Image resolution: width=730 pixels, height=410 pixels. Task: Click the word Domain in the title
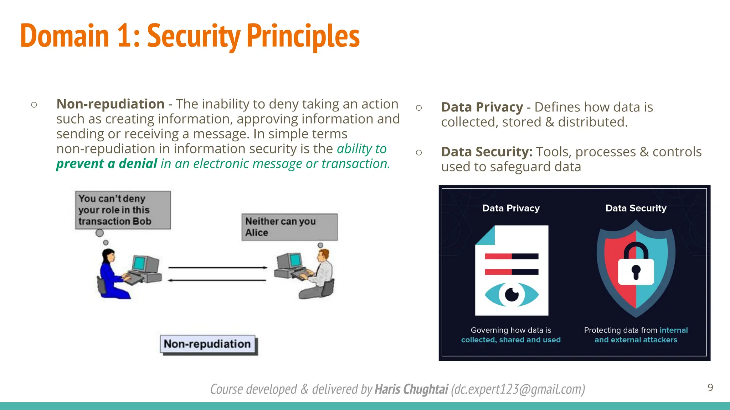pyautogui.click(x=65, y=36)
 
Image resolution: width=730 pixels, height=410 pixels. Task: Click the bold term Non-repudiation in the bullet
pyautogui.click(x=110, y=104)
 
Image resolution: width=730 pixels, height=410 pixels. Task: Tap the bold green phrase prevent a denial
pyautogui.click(x=107, y=164)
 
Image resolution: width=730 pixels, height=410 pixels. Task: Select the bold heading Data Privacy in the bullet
pyautogui.click(x=482, y=107)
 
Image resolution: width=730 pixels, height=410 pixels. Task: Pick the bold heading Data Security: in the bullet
pyautogui.click(x=487, y=152)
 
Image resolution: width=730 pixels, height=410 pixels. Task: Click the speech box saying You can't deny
pyautogui.click(x=123, y=210)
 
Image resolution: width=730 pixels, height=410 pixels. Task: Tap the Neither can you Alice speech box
pyautogui.click(x=289, y=227)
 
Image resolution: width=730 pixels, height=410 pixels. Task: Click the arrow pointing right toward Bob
pyautogui.click(x=217, y=267)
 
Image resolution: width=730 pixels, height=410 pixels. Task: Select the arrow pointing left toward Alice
pyautogui.click(x=217, y=280)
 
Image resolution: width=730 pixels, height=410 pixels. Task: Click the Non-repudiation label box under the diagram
pyautogui.click(x=208, y=344)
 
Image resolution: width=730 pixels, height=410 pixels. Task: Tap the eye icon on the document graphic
pyautogui.click(x=511, y=295)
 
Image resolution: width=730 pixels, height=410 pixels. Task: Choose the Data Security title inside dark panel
pyautogui.click(x=636, y=208)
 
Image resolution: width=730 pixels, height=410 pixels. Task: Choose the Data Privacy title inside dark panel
pyautogui.click(x=511, y=208)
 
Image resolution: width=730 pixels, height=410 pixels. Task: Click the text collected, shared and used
pyautogui.click(x=511, y=340)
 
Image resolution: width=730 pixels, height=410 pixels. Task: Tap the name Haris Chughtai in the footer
pyautogui.click(x=411, y=389)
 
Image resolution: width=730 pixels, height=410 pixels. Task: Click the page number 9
pyautogui.click(x=710, y=387)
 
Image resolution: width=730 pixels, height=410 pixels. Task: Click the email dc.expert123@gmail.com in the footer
pyautogui.click(x=518, y=389)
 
